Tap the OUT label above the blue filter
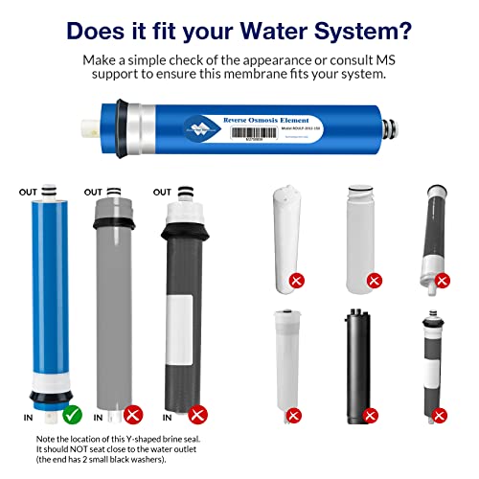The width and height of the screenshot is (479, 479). [27, 192]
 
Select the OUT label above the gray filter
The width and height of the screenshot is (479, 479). [94, 192]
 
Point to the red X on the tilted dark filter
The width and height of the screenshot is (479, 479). [442, 280]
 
